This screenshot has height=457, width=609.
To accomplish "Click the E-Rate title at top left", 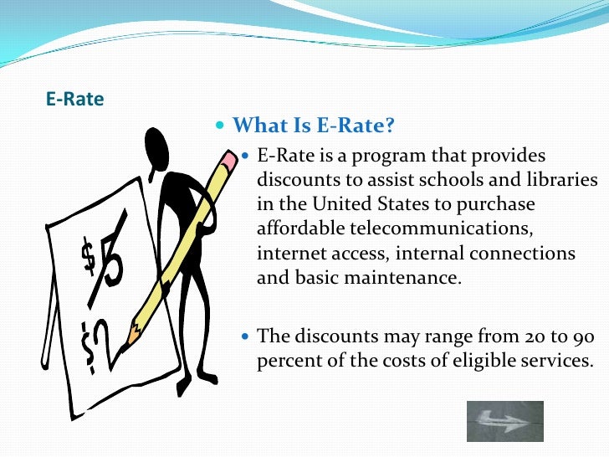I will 74,100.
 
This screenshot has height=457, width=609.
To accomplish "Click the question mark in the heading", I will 388,126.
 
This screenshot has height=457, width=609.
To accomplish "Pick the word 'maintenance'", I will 414,277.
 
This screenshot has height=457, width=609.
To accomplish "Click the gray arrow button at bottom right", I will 504,421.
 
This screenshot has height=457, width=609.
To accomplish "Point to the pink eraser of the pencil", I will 228,157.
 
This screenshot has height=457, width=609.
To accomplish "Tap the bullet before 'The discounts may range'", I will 245,336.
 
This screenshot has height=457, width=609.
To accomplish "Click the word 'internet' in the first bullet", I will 285,253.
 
